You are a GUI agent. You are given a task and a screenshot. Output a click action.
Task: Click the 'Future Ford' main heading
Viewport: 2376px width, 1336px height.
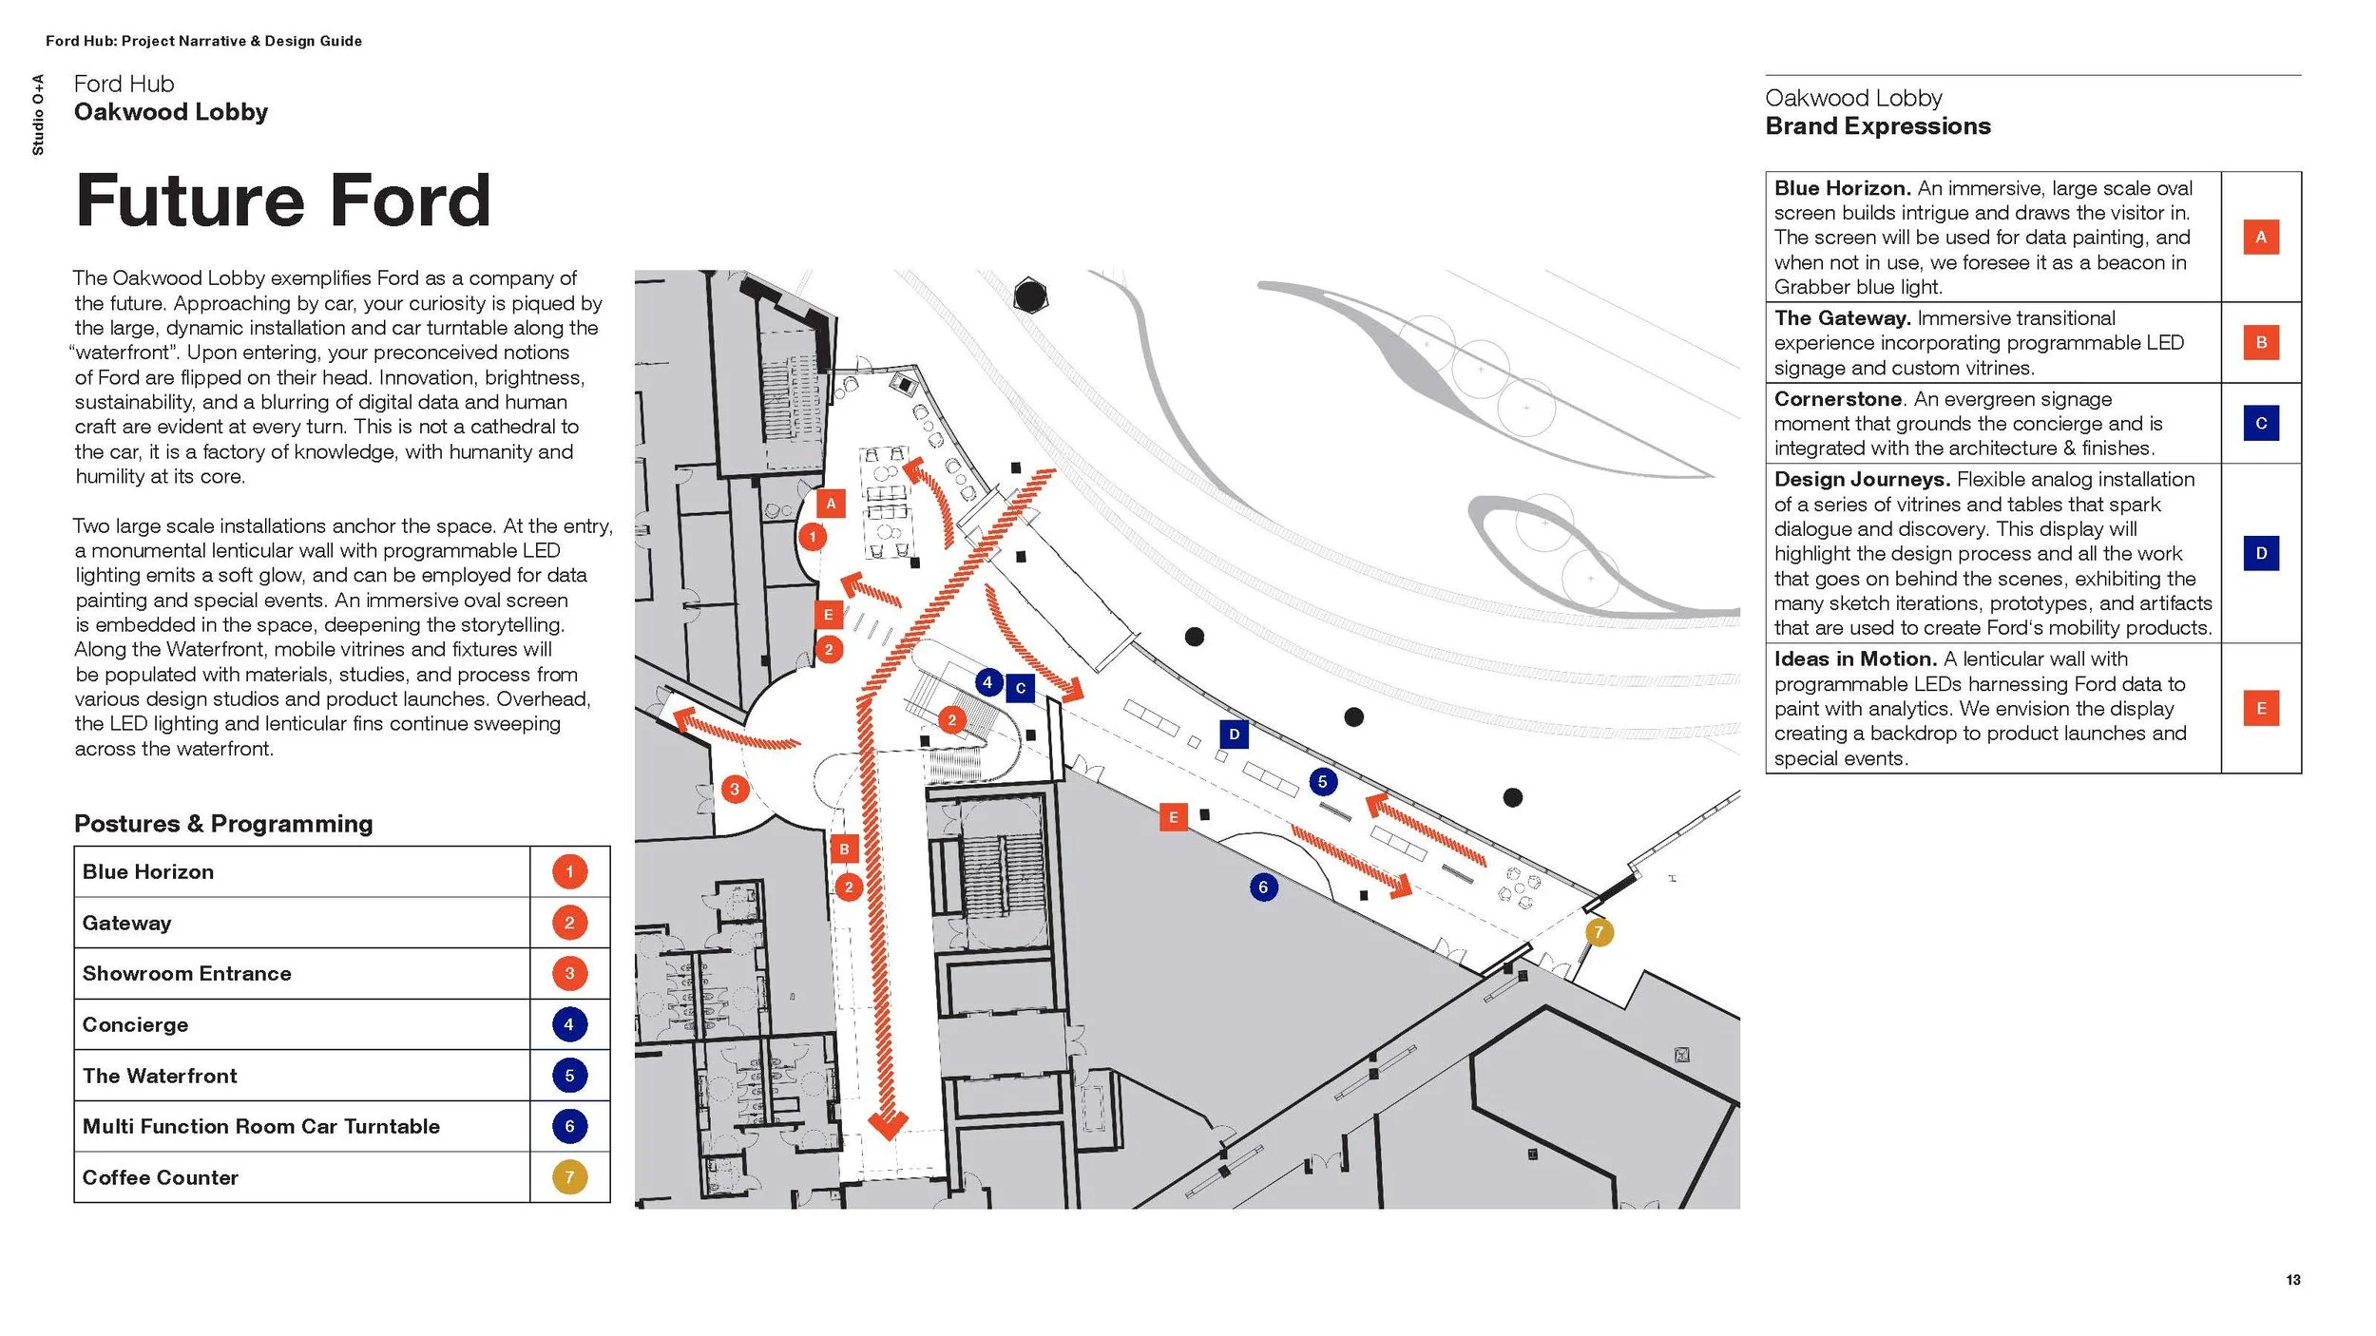(x=282, y=201)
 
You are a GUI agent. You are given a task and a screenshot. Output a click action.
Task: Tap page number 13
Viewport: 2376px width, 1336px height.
(x=2292, y=1280)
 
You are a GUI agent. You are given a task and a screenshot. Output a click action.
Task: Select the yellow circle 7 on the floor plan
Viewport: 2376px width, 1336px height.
(x=1599, y=932)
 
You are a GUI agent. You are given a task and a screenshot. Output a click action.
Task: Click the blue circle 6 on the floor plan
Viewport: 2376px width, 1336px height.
(x=1263, y=887)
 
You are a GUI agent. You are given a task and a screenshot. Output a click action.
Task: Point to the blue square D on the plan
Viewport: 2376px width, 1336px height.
(x=1234, y=734)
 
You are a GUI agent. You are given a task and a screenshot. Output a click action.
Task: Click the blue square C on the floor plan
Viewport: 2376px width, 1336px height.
(x=1020, y=688)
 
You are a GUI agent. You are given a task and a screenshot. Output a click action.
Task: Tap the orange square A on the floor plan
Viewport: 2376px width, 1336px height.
(x=831, y=504)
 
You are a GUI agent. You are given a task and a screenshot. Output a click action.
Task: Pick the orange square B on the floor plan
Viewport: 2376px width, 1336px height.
(x=844, y=849)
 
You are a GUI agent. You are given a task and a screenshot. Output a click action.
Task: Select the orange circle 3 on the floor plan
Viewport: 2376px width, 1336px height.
(x=734, y=789)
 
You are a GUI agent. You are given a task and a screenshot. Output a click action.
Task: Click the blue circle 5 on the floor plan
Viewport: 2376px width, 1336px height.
(x=1322, y=782)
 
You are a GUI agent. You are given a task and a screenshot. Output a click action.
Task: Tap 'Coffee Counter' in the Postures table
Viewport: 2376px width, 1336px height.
(x=160, y=1177)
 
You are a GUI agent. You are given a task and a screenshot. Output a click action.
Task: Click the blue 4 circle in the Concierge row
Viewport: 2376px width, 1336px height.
(x=569, y=1024)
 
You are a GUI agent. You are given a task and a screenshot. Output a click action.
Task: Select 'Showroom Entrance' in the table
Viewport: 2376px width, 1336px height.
(x=186, y=973)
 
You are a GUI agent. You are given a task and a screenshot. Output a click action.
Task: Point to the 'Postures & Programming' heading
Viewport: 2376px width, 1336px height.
(x=223, y=824)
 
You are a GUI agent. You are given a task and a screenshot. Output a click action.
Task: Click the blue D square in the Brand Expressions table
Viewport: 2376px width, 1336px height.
(x=2261, y=553)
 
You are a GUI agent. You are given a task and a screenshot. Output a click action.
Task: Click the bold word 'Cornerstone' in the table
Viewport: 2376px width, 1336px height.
(x=1837, y=399)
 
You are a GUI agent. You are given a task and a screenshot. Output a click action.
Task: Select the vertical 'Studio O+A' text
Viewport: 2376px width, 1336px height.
(x=38, y=114)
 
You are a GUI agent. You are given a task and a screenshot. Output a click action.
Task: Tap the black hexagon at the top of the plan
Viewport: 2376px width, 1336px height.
(x=1029, y=296)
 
